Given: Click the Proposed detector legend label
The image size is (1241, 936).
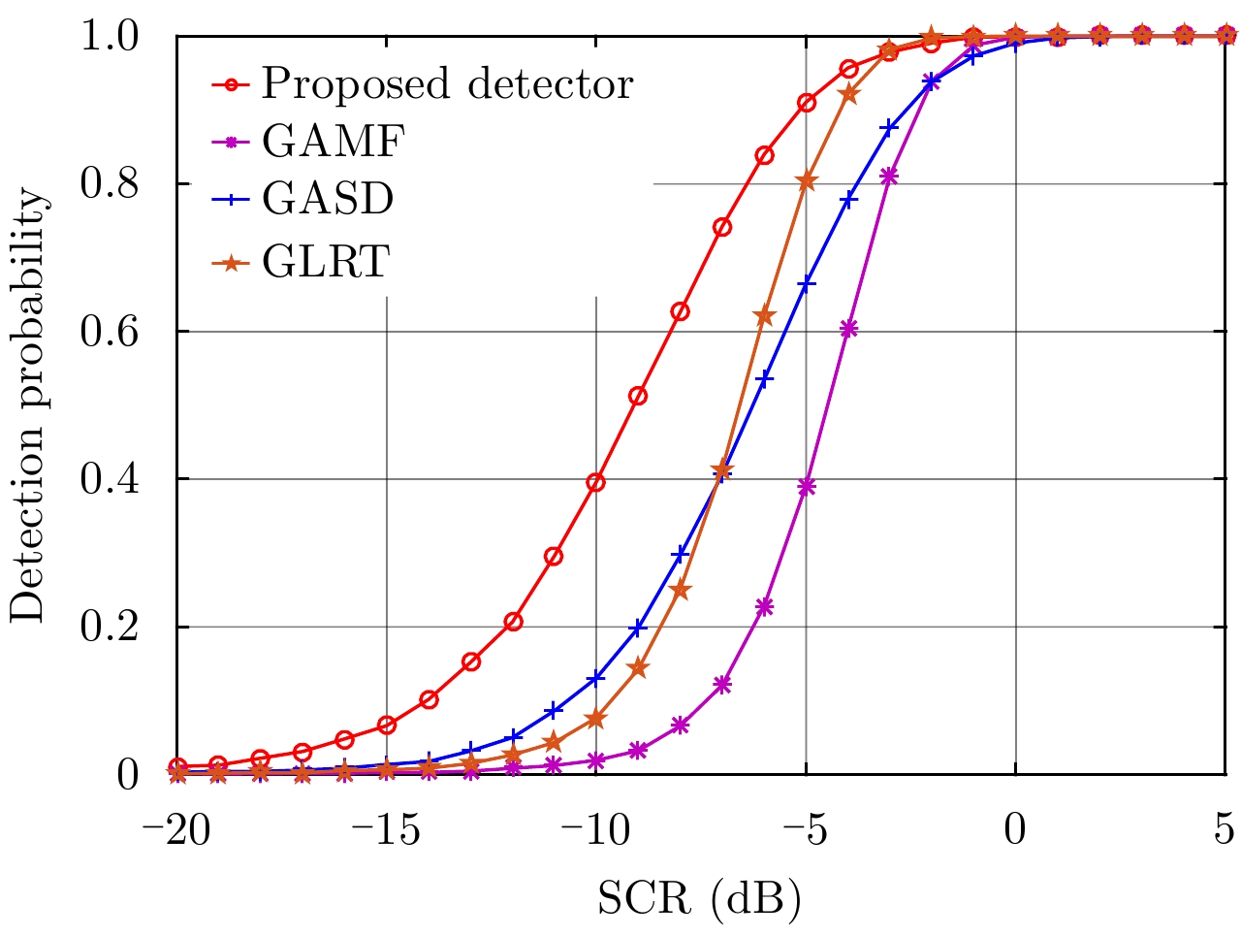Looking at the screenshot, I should [447, 85].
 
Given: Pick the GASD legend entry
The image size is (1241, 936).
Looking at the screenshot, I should [328, 200].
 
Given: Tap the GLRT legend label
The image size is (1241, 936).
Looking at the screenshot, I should [326, 261].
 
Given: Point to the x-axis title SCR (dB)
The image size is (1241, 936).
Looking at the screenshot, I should [699, 900].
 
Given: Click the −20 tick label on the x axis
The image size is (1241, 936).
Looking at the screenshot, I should [175, 831].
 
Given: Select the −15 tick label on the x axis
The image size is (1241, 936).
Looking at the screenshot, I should [386, 831].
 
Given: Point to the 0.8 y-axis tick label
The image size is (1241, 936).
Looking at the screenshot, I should [112, 184].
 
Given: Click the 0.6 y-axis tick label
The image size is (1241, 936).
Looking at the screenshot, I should [112, 332].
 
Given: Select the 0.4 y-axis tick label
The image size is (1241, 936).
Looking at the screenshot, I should [112, 479].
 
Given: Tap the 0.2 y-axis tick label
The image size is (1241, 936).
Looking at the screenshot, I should [112, 627].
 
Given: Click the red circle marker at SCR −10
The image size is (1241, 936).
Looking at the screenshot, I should [596, 482].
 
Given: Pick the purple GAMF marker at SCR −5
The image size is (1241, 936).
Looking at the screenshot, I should [807, 487].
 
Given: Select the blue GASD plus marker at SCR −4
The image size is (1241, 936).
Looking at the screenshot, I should [848, 201].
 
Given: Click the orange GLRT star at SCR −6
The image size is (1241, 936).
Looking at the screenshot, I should [764, 316].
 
